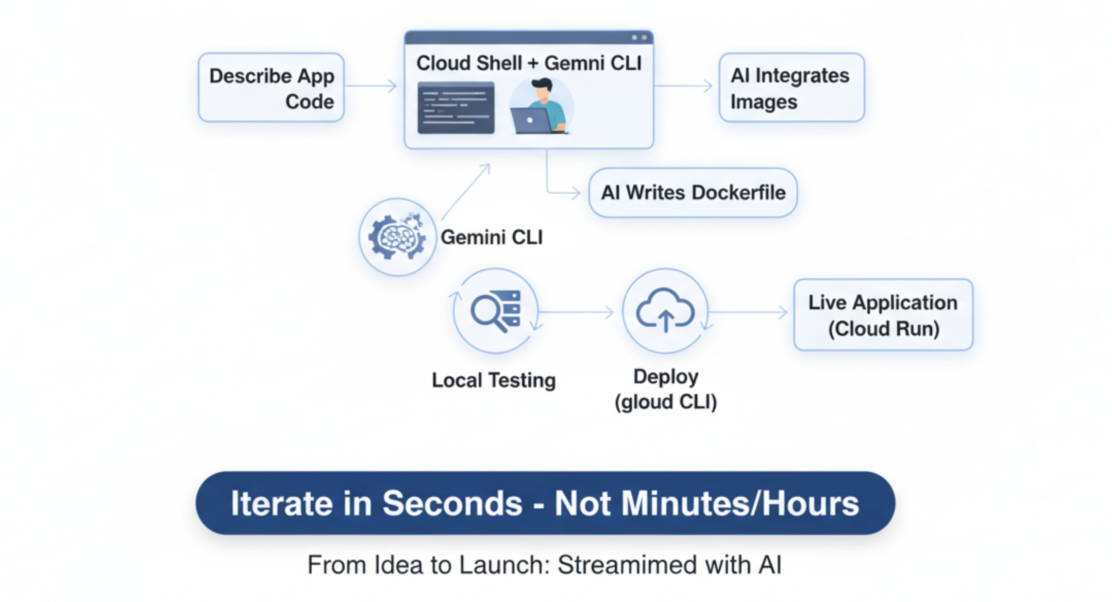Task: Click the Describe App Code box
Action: click(x=271, y=88)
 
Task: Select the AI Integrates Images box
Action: click(x=791, y=88)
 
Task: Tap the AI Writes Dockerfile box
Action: click(x=693, y=193)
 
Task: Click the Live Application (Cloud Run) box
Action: click(x=883, y=315)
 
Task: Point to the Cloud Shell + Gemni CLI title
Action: click(x=529, y=63)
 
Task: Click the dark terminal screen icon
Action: click(x=456, y=108)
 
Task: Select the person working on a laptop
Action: click(x=541, y=107)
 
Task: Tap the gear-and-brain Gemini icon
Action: click(x=397, y=237)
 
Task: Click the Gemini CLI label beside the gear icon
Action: click(x=492, y=238)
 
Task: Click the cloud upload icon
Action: click(x=665, y=311)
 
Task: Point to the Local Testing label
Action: click(x=494, y=380)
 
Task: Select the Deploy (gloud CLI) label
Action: click(x=666, y=390)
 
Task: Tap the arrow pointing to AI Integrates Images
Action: click(x=684, y=86)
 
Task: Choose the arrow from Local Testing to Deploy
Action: click(x=576, y=312)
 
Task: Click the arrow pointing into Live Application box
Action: click(x=748, y=312)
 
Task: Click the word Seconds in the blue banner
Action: click(x=452, y=503)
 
